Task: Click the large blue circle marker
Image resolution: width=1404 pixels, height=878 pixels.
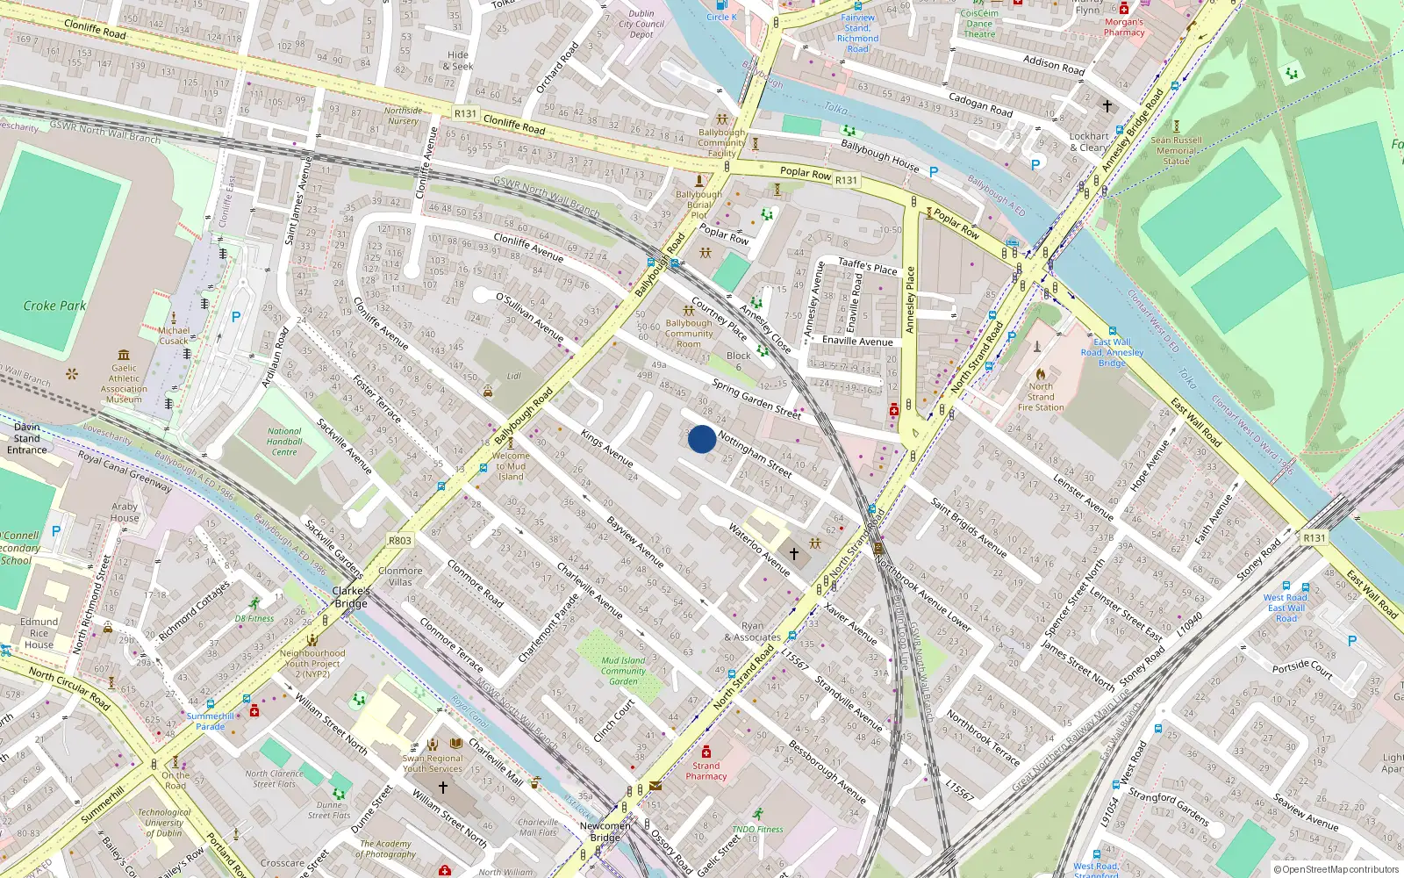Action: click(x=701, y=439)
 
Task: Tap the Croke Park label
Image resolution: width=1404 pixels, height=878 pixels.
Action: click(x=54, y=306)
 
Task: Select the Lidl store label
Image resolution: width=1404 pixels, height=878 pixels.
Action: click(x=513, y=376)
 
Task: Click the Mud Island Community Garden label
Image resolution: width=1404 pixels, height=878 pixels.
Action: click(x=623, y=671)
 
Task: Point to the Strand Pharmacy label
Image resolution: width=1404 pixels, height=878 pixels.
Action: click(x=706, y=771)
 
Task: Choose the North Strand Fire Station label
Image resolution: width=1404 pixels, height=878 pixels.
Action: click(x=1041, y=397)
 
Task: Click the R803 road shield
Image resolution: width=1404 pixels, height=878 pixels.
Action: click(x=399, y=541)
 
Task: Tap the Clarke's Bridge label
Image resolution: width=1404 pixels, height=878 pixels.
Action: click(x=350, y=597)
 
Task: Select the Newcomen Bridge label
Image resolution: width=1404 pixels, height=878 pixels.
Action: click(x=605, y=831)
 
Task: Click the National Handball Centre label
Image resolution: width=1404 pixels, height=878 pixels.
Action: click(x=284, y=442)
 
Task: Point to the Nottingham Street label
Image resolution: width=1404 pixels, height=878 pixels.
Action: click(x=755, y=454)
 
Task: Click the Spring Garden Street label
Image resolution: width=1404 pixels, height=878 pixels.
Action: click(x=756, y=399)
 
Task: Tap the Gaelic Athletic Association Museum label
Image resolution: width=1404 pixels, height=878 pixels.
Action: click(x=124, y=384)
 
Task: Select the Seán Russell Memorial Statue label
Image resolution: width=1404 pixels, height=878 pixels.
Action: click(x=1176, y=150)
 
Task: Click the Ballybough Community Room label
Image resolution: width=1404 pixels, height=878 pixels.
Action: click(x=689, y=334)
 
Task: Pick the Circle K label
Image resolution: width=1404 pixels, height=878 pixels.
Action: click(x=721, y=17)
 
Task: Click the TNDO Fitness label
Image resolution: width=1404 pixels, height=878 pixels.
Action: click(x=757, y=829)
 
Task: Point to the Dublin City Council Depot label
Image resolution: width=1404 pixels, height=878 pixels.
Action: click(x=641, y=24)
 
